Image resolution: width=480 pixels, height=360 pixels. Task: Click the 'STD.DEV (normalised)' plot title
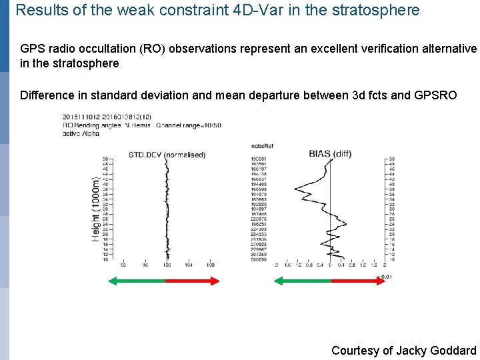pyautogui.click(x=167, y=155)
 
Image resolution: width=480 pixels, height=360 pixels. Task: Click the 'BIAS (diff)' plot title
pyautogui.click(x=330, y=153)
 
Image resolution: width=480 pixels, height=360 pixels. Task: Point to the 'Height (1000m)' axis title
pyautogui.click(x=97, y=209)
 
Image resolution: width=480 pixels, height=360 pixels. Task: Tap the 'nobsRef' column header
pyautogui.click(x=262, y=145)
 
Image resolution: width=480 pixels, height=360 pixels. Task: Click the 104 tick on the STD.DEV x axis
pyautogui.click(x=189, y=265)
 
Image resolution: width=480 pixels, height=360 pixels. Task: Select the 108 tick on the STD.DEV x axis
pyautogui.click(x=210, y=265)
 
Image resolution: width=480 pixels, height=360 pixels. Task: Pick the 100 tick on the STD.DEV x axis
pyautogui.click(x=167, y=265)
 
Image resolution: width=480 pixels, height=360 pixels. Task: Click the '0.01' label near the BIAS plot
pyautogui.click(x=386, y=275)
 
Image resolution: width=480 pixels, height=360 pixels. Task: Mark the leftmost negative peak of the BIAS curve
pyautogui.click(x=297, y=191)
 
